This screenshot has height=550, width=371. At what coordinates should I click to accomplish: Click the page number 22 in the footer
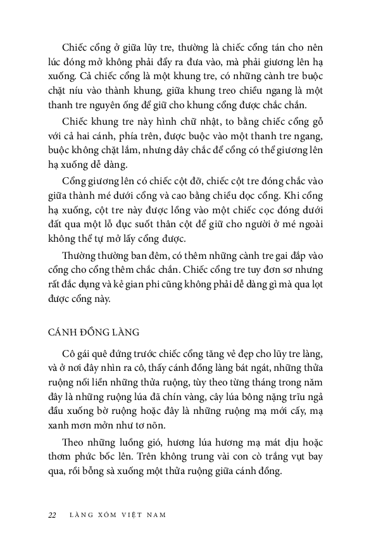pos(52,515)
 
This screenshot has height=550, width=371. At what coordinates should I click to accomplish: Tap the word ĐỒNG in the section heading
pos(96,331)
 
